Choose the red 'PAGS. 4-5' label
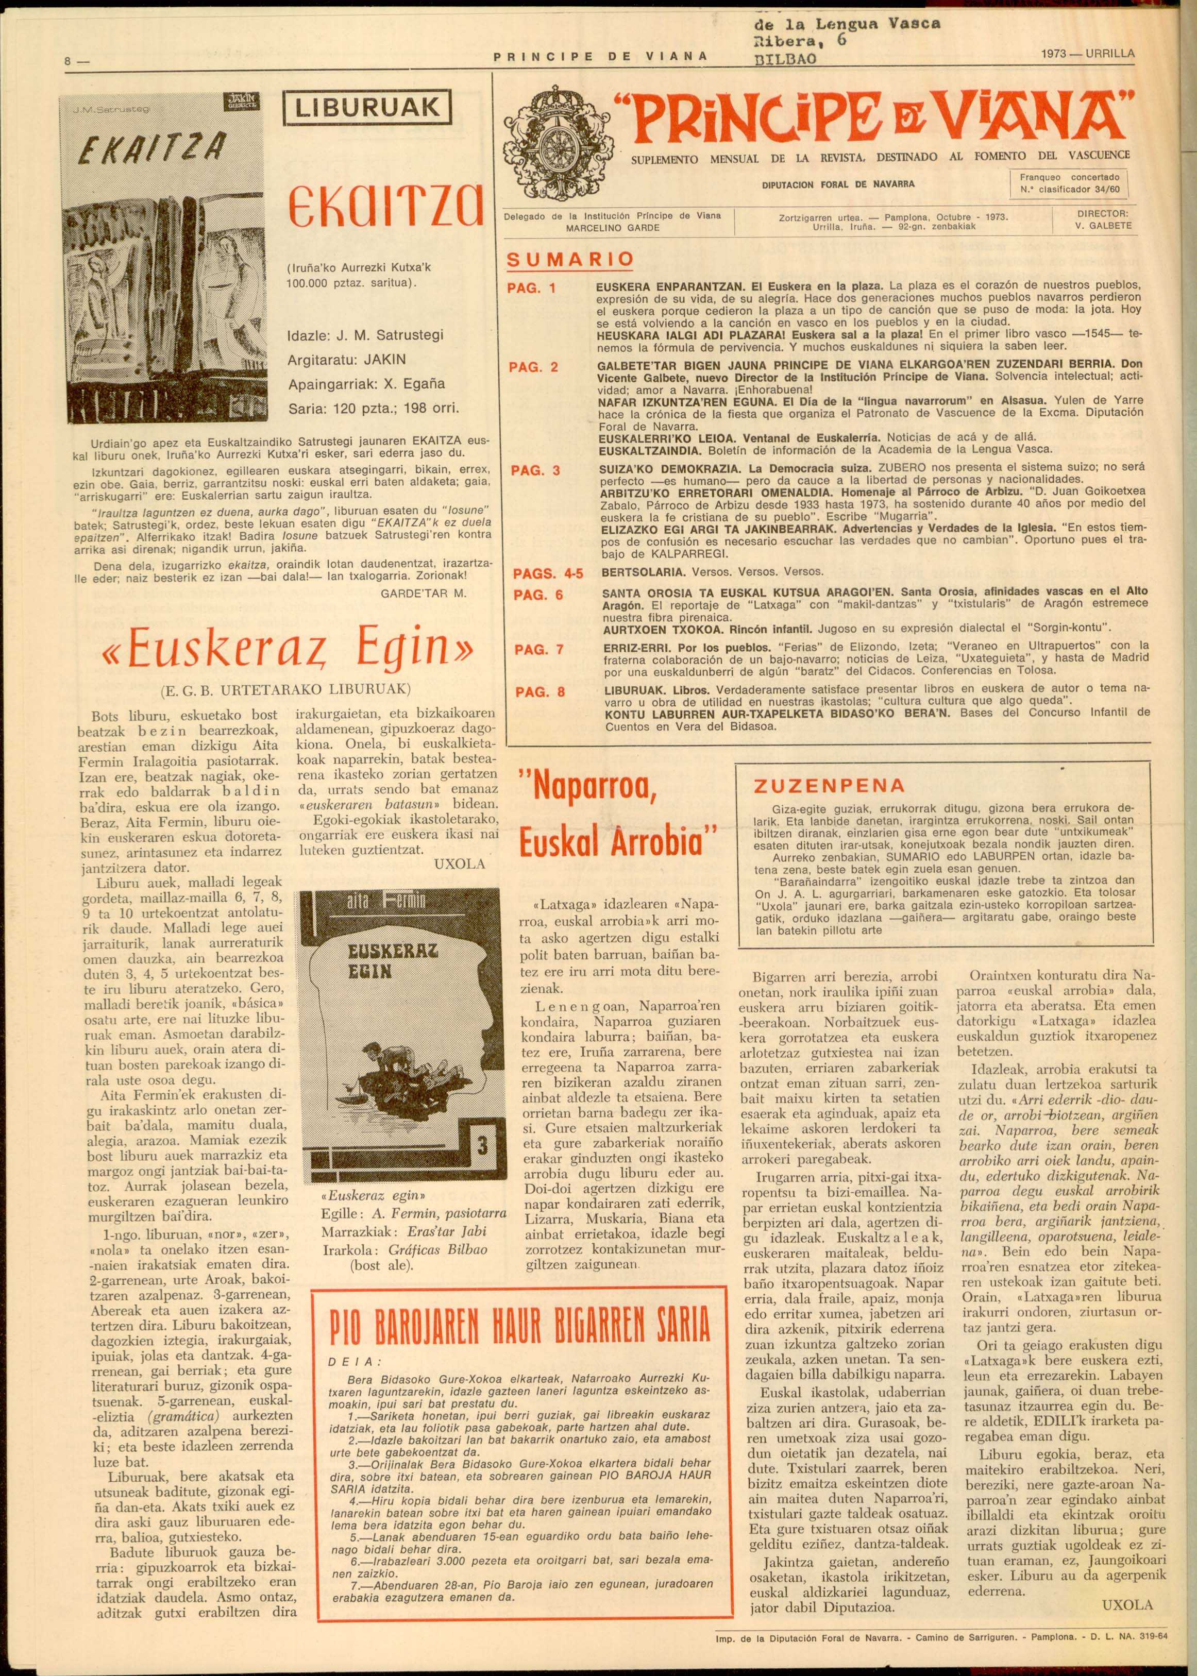tap(548, 573)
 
